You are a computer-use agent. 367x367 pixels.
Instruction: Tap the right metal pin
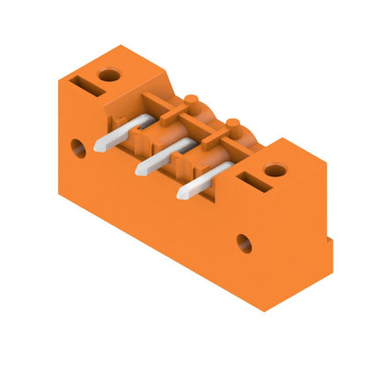(200, 179)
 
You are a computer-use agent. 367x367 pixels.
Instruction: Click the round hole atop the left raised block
(109, 75)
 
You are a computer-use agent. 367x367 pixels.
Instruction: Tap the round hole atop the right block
(271, 168)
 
